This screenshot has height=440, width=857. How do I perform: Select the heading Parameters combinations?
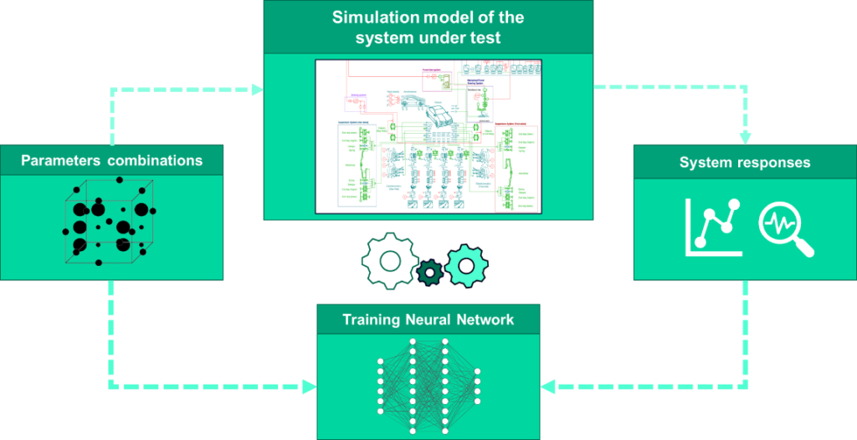tap(111, 160)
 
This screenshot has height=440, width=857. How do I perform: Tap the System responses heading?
tap(745, 162)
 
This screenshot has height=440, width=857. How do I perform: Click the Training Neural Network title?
tap(428, 320)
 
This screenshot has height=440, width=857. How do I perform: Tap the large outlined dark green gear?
tap(390, 261)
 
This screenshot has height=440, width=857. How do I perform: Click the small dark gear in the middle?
tap(430, 271)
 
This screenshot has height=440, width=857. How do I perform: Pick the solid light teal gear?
tap(467, 265)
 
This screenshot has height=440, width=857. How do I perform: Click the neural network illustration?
tap(428, 384)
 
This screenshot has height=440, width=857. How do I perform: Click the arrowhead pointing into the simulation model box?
tap(257, 89)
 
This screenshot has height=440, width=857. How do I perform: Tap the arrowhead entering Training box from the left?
tap(310, 386)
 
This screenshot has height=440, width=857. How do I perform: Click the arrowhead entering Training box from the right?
tap(548, 386)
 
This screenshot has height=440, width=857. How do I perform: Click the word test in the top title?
tap(485, 38)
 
